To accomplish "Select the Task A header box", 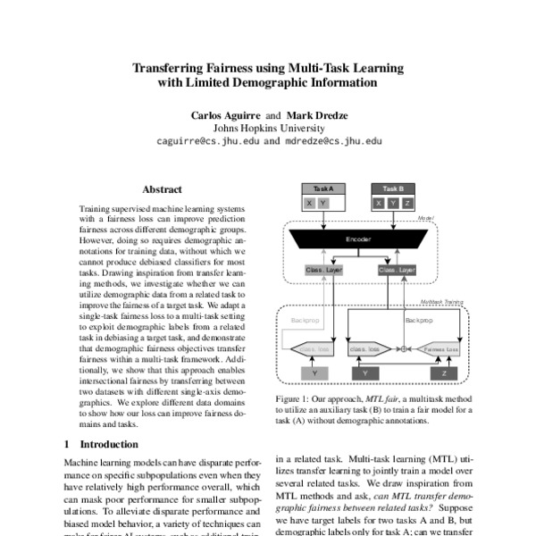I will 323,188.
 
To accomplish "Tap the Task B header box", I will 393,188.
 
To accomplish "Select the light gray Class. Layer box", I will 323,269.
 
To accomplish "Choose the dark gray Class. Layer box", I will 397,269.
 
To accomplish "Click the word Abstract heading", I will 162,189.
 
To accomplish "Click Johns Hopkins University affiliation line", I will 268,128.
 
